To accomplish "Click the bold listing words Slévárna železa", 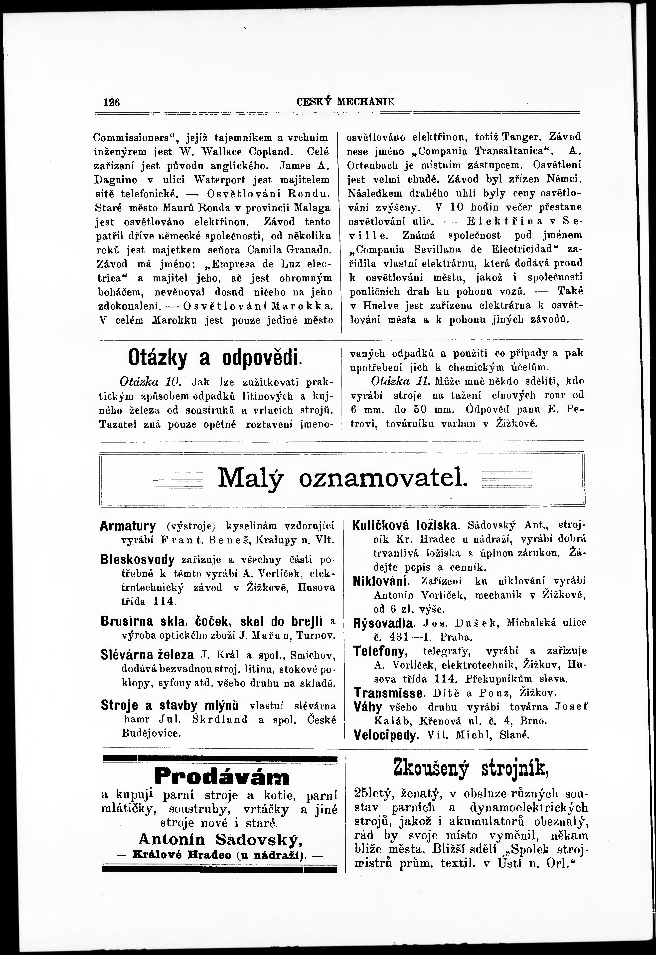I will coord(147,655).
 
